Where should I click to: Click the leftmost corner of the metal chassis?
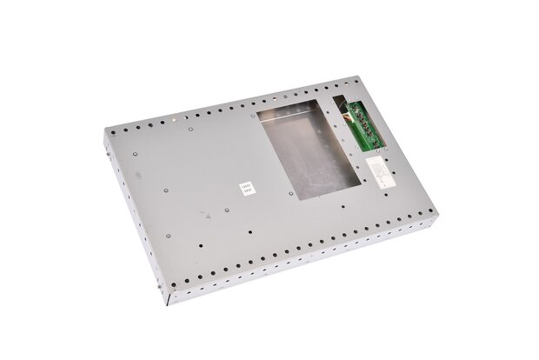(98, 138)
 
